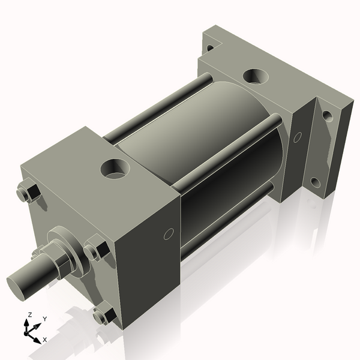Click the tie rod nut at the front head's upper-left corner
click(28, 193)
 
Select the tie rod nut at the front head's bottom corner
click(105, 314)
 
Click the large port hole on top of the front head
click(114, 168)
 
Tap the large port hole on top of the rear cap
click(256, 76)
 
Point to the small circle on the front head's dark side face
click(169, 233)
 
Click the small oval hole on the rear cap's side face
click(297, 137)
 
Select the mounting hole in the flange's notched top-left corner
click(209, 47)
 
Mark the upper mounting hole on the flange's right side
click(327, 115)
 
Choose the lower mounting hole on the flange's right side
click(316, 182)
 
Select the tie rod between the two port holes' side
click(228, 150)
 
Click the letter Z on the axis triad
click(29, 314)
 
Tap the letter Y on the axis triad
click(44, 319)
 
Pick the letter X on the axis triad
click(45, 340)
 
